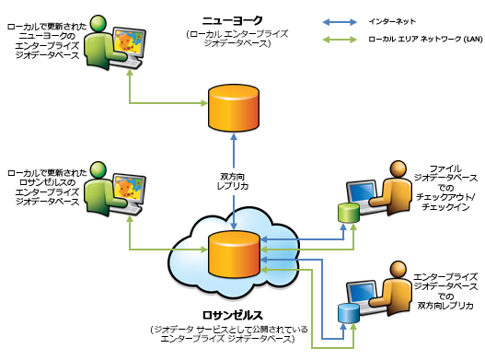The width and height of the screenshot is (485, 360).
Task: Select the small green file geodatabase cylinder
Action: point(348,213)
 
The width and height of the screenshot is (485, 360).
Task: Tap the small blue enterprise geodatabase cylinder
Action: point(347,312)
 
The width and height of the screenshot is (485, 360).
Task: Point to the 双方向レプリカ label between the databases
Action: point(237,180)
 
